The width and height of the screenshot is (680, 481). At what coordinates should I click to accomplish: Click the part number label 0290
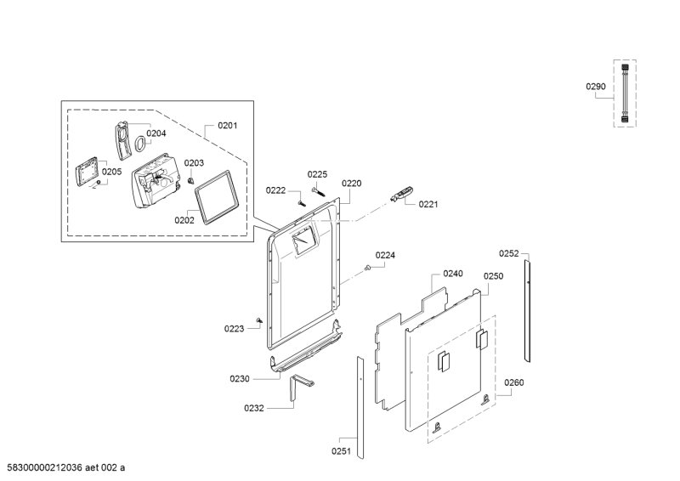596,86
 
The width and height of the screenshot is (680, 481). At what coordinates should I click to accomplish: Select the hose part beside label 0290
625,94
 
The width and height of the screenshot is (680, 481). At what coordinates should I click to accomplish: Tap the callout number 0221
428,204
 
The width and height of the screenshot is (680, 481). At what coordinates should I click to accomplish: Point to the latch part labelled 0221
402,195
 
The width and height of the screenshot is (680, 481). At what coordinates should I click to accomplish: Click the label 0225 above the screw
317,174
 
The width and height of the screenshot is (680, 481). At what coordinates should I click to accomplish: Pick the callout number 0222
275,190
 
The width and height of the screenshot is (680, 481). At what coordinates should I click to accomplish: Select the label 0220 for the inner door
352,183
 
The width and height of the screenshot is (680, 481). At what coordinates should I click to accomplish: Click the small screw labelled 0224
367,269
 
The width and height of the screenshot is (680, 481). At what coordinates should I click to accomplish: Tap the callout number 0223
234,328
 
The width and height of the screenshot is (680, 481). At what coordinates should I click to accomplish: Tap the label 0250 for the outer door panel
494,276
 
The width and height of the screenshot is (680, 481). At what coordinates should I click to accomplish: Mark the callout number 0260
514,383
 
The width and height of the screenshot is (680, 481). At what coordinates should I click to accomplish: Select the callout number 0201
227,126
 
